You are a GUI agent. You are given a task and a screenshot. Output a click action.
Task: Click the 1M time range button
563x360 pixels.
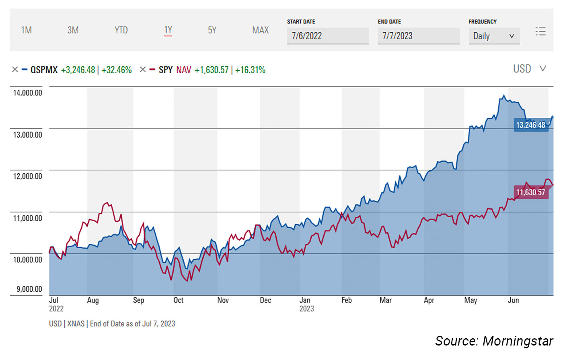[27, 30]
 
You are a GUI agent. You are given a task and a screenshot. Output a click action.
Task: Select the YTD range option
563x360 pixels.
[121, 30]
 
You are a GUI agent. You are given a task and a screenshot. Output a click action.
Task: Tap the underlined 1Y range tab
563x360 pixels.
[168, 30]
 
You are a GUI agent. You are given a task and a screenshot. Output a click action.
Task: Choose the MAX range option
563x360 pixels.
[260, 30]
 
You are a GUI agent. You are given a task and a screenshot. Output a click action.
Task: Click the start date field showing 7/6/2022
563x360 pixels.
[327, 36]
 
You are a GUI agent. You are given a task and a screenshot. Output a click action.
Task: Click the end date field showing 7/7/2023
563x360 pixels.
[418, 36]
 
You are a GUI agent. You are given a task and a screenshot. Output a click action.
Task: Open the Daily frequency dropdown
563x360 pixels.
[494, 36]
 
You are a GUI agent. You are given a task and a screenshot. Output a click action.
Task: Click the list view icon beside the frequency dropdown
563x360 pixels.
[540, 31]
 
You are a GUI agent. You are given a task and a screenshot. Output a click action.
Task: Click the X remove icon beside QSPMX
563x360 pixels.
[15, 70]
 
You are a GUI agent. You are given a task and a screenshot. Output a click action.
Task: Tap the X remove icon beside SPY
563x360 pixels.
[142, 70]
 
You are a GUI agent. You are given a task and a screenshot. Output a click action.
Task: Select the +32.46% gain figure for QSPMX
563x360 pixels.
[117, 70]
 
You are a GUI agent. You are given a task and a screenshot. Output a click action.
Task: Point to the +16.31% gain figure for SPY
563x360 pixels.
[250, 70]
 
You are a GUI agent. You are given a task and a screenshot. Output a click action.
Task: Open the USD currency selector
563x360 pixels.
[529, 69]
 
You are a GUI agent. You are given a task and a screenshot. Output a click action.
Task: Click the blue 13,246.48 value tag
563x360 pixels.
[531, 125]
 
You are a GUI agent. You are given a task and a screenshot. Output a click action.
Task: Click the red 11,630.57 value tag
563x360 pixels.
[531, 193]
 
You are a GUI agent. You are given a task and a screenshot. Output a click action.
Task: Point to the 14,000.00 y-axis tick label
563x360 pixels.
[27, 93]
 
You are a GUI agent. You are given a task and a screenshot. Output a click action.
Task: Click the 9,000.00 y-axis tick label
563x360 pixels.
[29, 289]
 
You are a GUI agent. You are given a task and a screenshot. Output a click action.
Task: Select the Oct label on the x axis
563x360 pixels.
[178, 300]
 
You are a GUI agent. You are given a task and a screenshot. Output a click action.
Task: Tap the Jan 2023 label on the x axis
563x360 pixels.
[306, 304]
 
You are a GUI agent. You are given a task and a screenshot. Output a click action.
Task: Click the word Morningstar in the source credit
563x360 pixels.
[518, 341]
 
